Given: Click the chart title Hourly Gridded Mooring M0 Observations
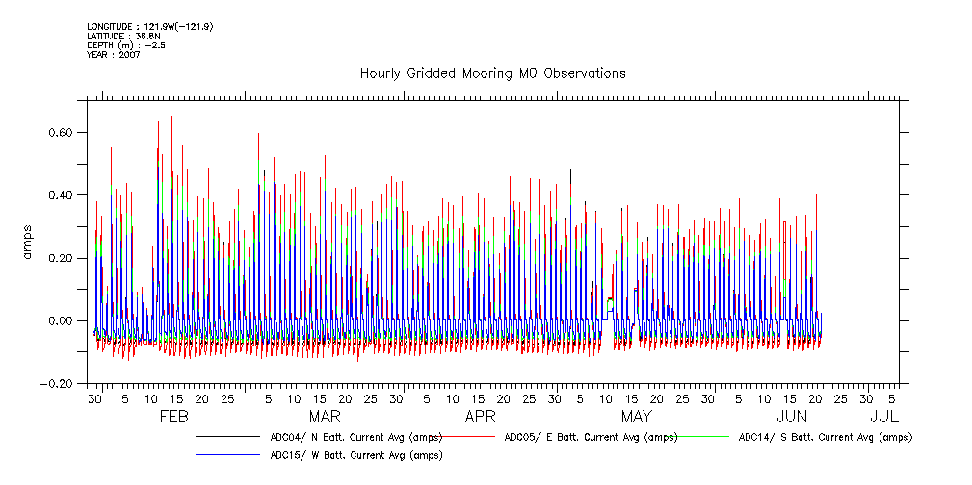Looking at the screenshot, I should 492,73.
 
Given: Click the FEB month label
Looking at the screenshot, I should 172,417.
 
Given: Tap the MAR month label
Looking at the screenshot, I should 325,417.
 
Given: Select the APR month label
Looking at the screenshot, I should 480,417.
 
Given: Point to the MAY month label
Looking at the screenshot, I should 636,417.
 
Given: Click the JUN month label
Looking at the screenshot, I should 792,417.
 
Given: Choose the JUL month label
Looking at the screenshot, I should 884,417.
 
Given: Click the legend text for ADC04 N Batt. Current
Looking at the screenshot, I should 356,437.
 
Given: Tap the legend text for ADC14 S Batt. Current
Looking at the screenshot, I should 825,437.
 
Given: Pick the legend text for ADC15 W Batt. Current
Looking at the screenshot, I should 356,455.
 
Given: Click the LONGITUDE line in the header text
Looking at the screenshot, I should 149,26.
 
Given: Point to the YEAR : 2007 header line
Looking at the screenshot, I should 114,55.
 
